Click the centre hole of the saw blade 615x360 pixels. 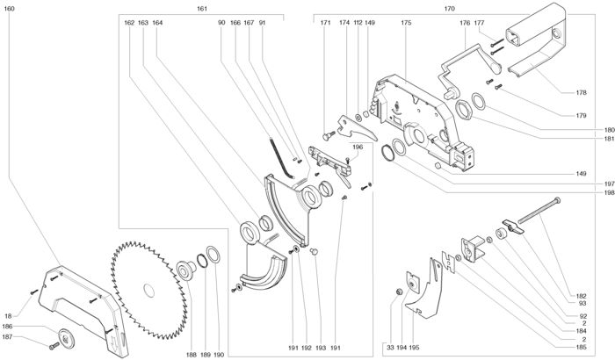pyautogui.click(x=149, y=291)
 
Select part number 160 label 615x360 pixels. pyautogui.click(x=9, y=8)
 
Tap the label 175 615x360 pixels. pyautogui.click(x=406, y=23)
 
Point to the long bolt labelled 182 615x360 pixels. pyautogui.click(x=539, y=212)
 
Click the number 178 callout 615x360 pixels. pyautogui.click(x=582, y=92)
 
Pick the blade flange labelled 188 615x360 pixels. pyautogui.click(x=186, y=270)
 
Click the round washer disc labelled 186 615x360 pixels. pyautogui.click(x=66, y=338)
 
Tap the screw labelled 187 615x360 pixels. pyautogui.click(x=54, y=346)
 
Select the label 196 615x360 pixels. pyautogui.click(x=358, y=147)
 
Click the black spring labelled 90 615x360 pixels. pyautogui.click(x=282, y=157)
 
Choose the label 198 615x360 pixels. pyautogui.click(x=609, y=192)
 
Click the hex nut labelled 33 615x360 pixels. pyautogui.click(x=399, y=292)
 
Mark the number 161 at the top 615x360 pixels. pyautogui.click(x=201, y=8)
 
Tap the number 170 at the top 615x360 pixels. pyautogui.click(x=450, y=8)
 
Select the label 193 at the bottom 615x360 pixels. pyautogui.click(x=321, y=348)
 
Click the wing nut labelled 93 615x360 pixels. pyautogui.click(x=513, y=227)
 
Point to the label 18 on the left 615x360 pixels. pyautogui.click(x=8, y=316)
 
